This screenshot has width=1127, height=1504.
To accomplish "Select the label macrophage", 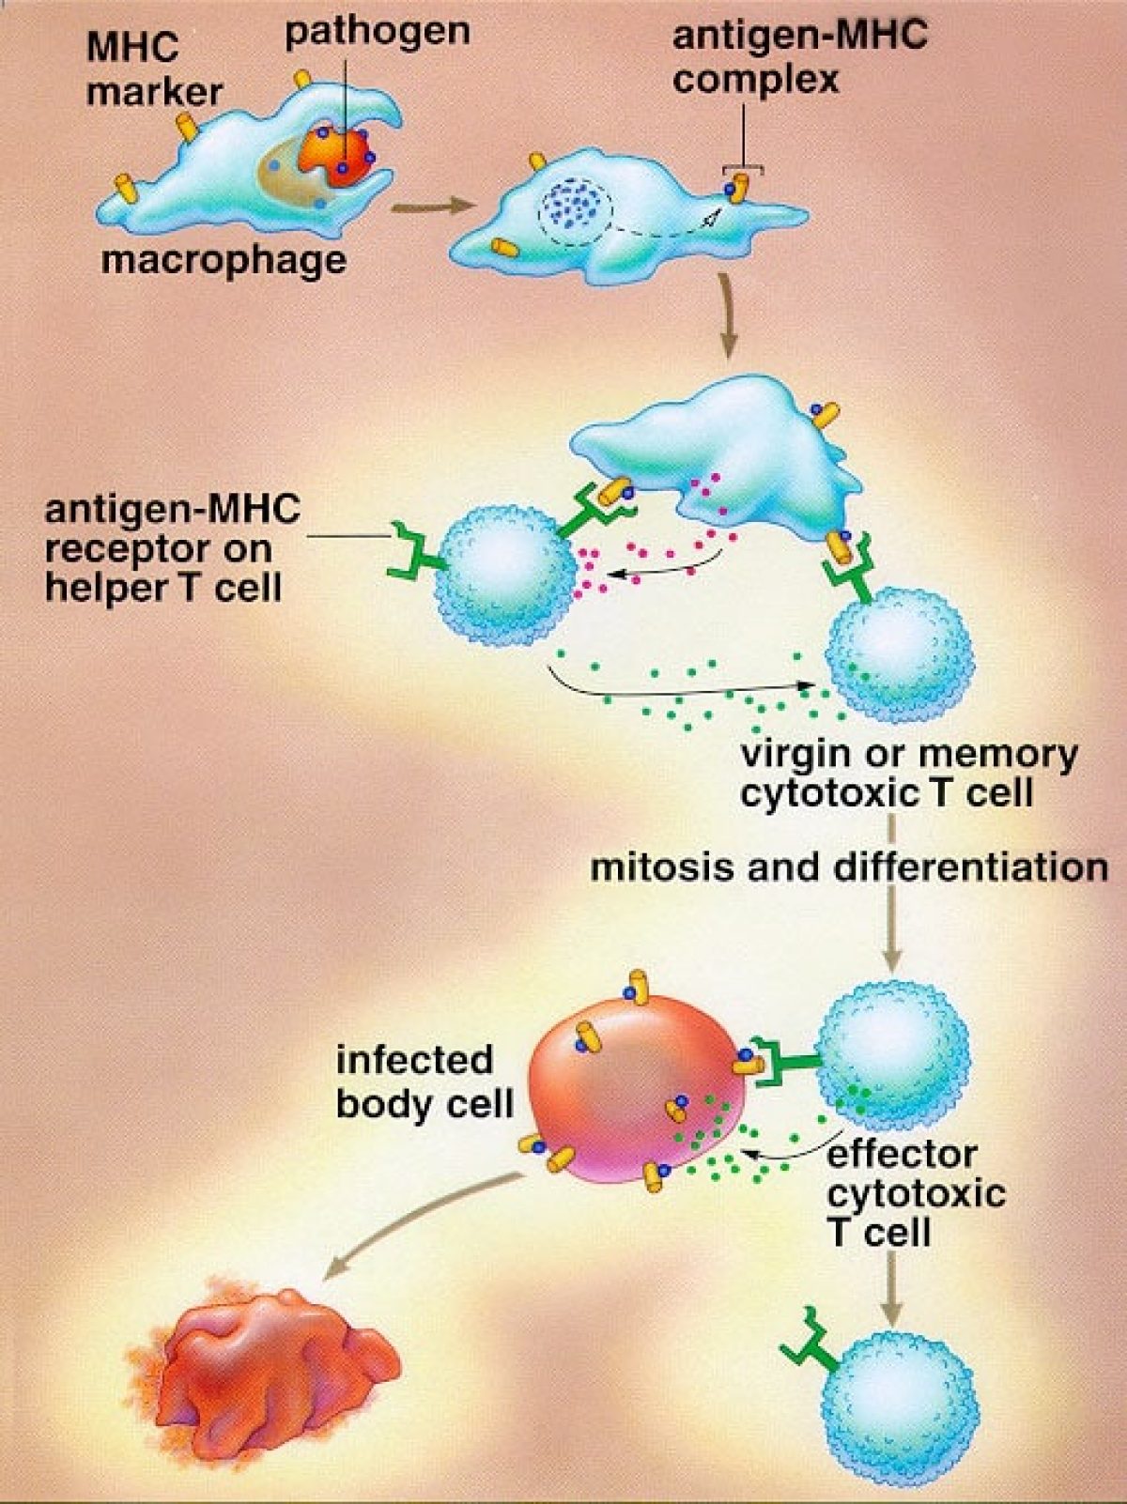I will pyautogui.click(x=224, y=259).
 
